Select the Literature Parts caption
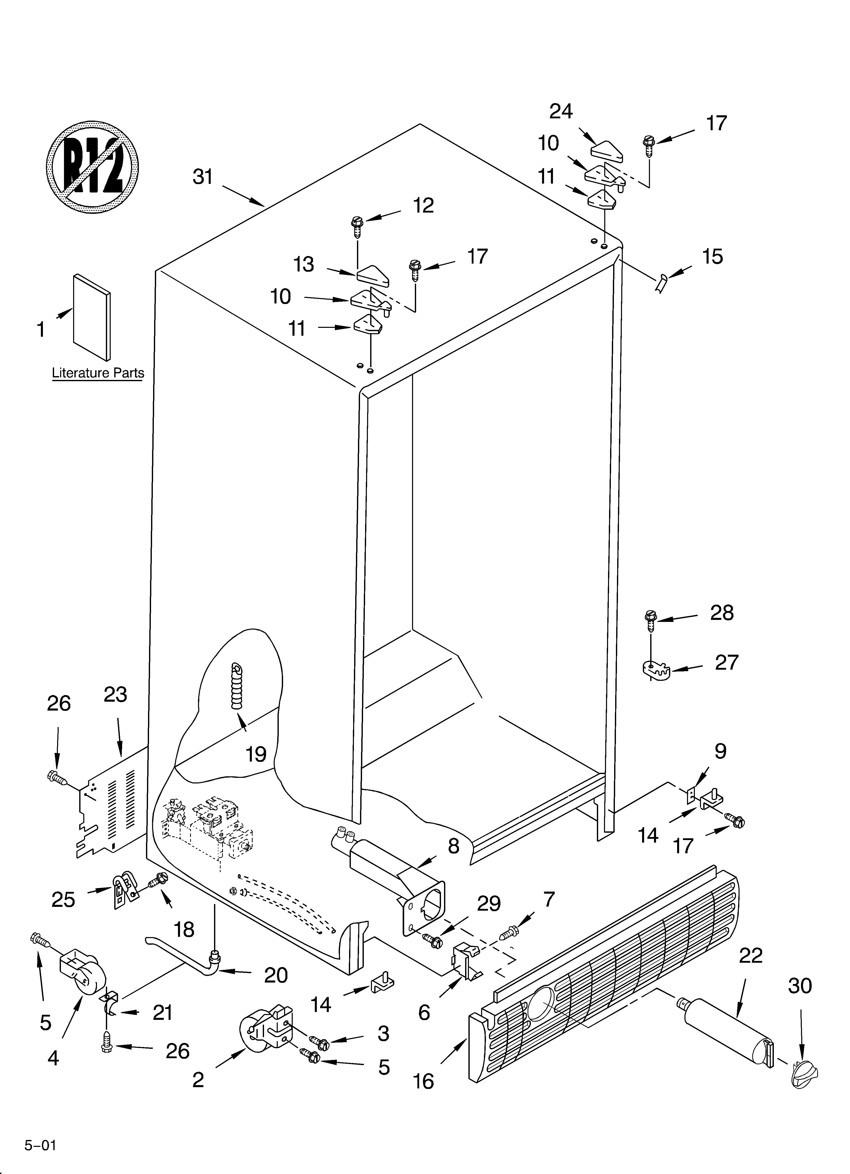[98, 373]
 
